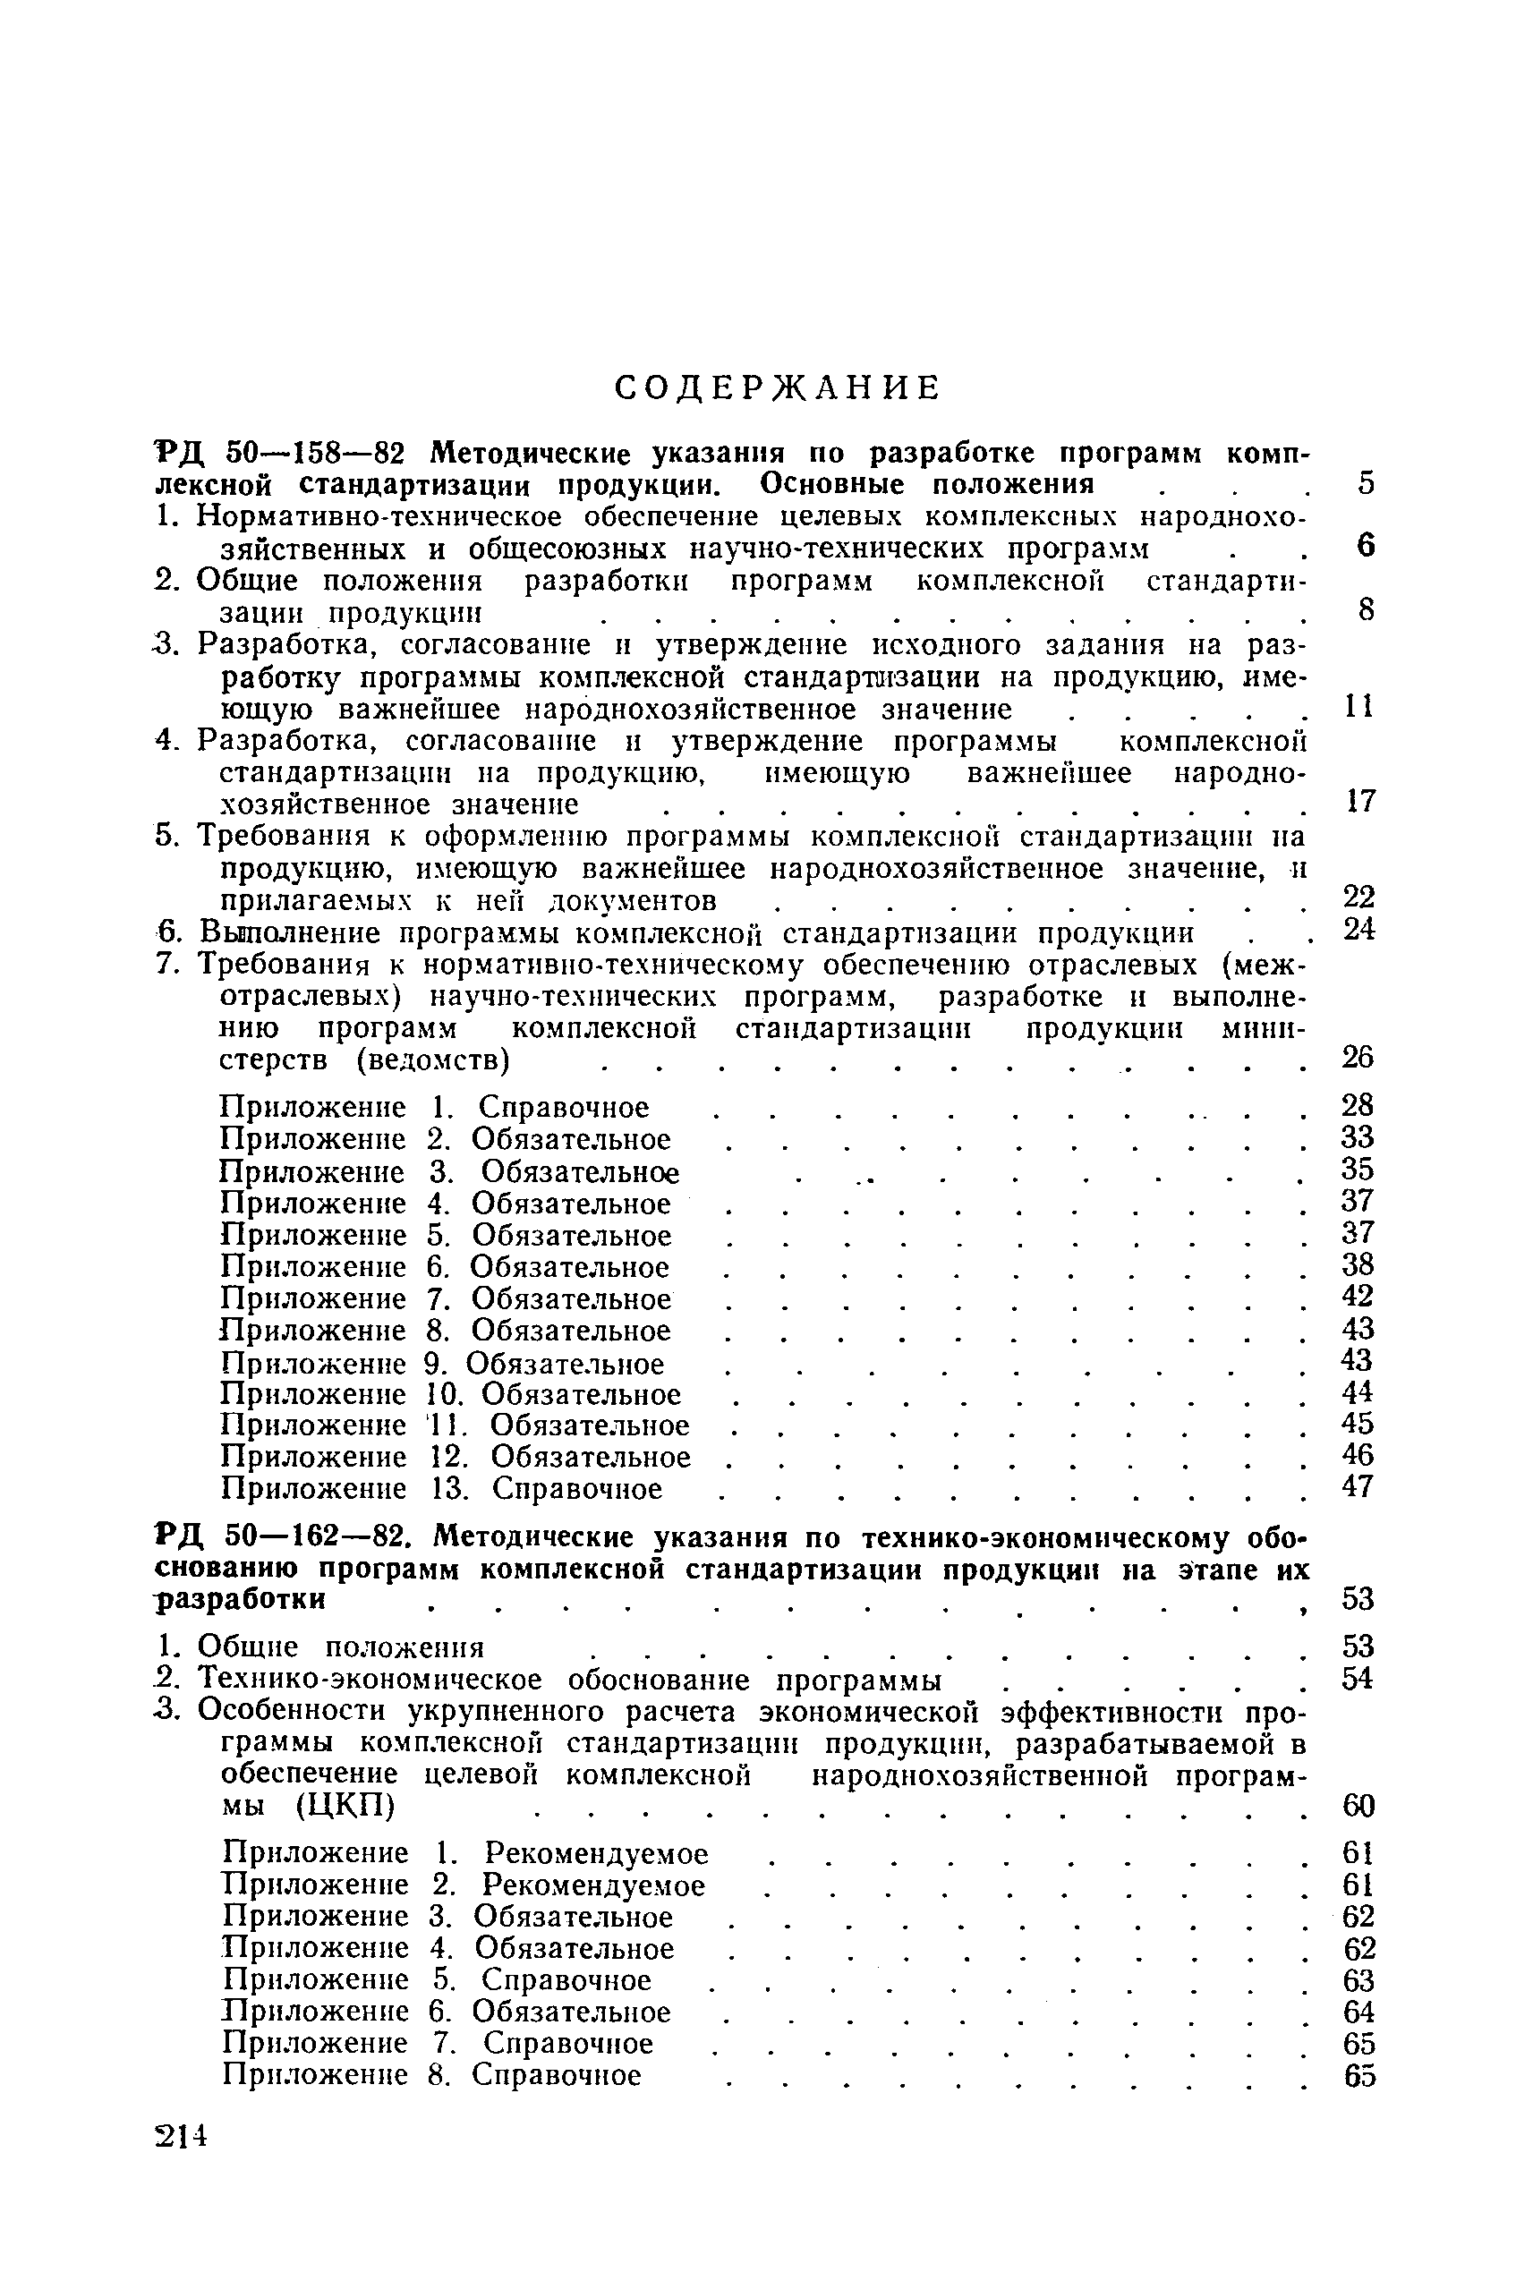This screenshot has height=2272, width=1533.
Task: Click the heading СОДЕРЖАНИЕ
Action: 779,388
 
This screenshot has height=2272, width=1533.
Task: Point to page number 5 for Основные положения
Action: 1366,483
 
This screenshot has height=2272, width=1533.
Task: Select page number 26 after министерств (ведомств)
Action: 1358,1057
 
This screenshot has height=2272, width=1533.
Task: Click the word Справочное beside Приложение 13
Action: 577,1489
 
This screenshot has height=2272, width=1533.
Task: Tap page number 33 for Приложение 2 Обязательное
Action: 1358,1137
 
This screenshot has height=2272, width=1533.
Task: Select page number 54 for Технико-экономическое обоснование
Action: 1358,1679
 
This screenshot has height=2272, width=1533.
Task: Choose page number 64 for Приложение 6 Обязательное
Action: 1359,2012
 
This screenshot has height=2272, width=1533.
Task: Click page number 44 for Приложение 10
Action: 1358,1392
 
